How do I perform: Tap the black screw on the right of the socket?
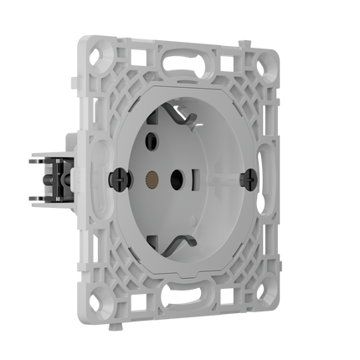point(245,178)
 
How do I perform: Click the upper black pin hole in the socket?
point(152,132)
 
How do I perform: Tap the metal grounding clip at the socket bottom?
point(189,245)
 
